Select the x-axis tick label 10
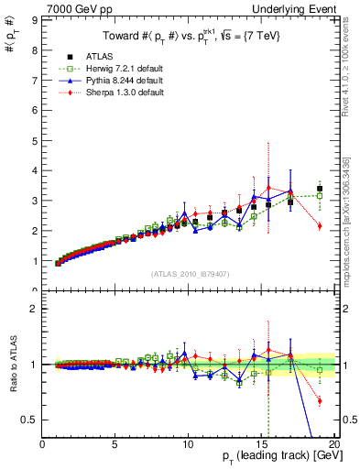point(189,445)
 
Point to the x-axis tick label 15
point(262,445)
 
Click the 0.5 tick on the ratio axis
point(29,420)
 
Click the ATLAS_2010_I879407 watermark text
point(190,274)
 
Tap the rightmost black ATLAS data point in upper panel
point(320,189)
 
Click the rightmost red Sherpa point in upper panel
point(320,225)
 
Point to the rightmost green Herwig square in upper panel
point(320,195)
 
